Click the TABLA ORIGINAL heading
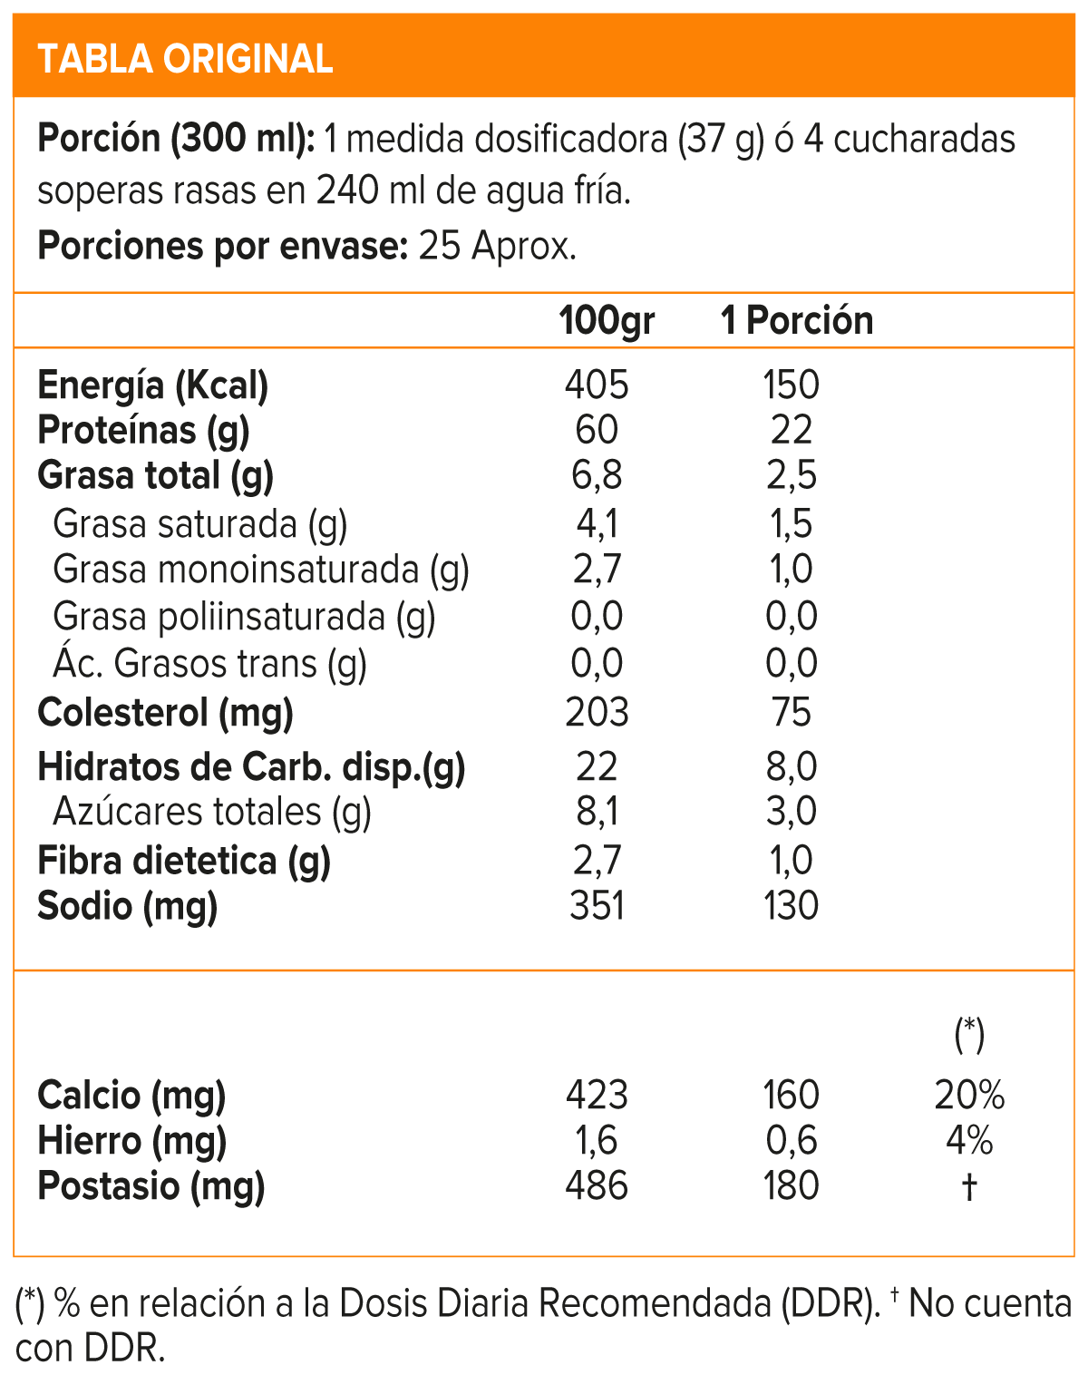[x=185, y=59]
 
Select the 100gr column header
[x=606, y=321]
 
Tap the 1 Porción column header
[x=796, y=321]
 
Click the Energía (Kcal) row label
[x=152, y=385]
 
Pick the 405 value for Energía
[x=597, y=385]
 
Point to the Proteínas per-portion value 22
[x=792, y=430]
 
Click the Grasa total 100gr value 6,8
[x=597, y=475]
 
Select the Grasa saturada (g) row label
[x=199, y=524]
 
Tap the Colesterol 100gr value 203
[x=597, y=713]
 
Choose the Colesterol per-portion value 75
[x=792, y=713]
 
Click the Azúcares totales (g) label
[x=212, y=812]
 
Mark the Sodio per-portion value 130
[x=792, y=906]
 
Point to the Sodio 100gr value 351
[x=597, y=906]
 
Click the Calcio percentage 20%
[x=969, y=1096]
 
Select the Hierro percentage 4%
[x=969, y=1140]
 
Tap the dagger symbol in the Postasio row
[x=969, y=1186]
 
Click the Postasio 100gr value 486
[x=597, y=1186]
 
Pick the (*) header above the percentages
[x=969, y=1034]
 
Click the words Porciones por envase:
[x=222, y=246]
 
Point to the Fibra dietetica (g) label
[x=183, y=861]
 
